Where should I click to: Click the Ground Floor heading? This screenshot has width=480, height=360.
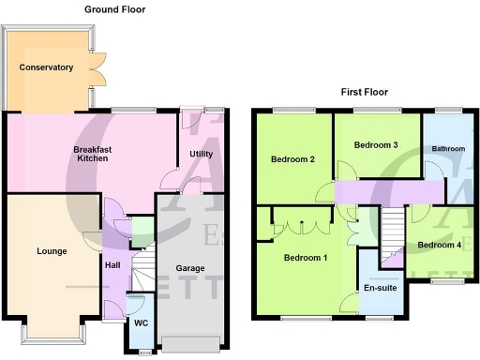114,9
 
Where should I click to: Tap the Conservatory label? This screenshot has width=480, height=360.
46,67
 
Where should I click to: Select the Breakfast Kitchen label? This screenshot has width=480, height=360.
92,154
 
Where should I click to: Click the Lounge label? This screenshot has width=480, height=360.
52,251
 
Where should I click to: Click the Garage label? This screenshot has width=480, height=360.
190,268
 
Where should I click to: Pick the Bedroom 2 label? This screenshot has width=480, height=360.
292,159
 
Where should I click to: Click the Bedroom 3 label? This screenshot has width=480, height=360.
376,145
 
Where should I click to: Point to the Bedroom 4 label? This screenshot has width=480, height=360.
439,246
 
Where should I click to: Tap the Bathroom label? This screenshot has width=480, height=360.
447,149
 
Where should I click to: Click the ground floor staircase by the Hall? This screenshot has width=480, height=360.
144,273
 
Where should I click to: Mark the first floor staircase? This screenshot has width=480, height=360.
393,232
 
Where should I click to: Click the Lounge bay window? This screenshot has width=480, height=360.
52,334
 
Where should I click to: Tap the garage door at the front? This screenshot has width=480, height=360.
191,343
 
